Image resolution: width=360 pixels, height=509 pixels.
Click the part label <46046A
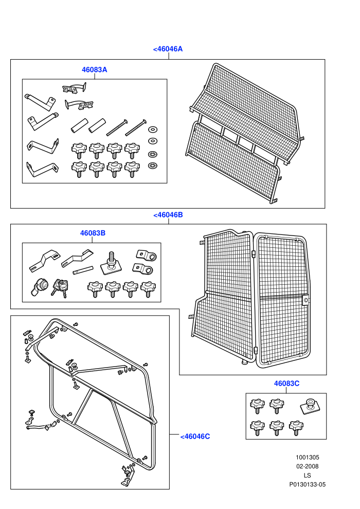coord(168,49)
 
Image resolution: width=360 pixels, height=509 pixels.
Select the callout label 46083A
coord(95,70)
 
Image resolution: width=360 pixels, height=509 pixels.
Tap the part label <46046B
coord(168,215)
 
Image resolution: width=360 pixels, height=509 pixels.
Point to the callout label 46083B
coord(93,233)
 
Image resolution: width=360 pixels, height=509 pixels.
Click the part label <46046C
coord(195,437)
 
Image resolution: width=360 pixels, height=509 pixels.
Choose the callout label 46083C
coord(286,384)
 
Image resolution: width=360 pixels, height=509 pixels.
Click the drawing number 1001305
coord(308,458)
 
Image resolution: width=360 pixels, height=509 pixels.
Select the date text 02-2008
coord(308,466)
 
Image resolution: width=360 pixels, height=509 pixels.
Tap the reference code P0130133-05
coord(308,485)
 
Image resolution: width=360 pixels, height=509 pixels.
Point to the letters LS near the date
coord(308,476)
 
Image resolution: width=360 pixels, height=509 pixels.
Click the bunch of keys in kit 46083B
coord(60,287)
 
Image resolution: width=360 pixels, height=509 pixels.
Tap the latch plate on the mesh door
coord(306,300)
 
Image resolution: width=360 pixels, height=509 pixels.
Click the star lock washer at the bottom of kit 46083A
coord(152,166)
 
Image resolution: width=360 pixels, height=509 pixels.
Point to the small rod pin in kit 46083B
coord(83,270)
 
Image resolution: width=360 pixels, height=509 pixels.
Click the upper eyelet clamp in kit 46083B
coord(147,256)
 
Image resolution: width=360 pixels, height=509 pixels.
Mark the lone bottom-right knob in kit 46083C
coord(296,427)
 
